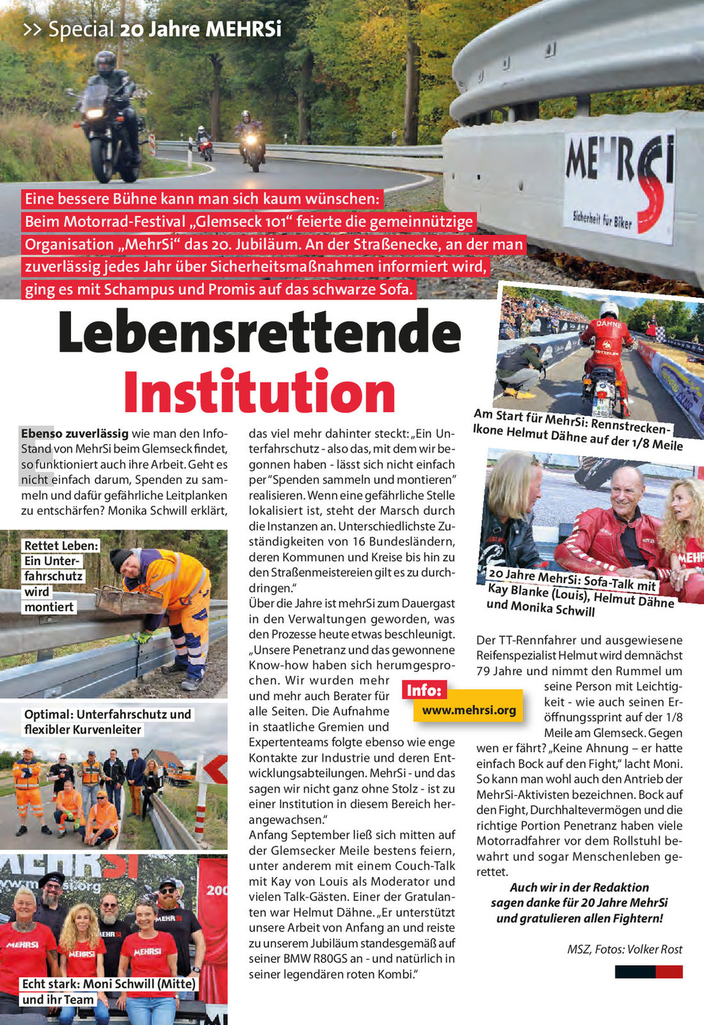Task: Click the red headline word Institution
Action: (x=259, y=392)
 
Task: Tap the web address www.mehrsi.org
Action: (x=468, y=710)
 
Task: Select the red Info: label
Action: (x=424, y=690)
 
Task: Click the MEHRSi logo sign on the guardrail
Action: (x=619, y=186)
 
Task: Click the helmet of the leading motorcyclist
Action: (x=105, y=63)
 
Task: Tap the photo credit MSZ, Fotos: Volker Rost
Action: (x=624, y=949)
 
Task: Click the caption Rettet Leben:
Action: (x=61, y=546)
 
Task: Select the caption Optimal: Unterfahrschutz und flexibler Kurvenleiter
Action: (x=108, y=722)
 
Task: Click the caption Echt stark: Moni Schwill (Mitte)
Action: (x=109, y=984)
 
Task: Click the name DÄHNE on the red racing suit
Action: (x=609, y=324)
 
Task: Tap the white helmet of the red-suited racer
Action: (x=609, y=309)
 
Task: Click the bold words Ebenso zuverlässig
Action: (x=74, y=434)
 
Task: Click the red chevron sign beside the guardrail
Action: (x=216, y=769)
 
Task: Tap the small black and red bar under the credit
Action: (x=648, y=972)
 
